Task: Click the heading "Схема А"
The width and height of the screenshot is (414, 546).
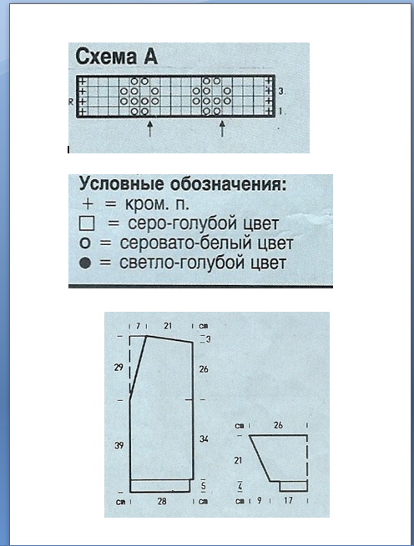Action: tap(117, 57)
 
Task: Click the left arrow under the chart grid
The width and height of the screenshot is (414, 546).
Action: tap(149, 128)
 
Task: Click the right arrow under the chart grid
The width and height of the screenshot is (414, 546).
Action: tap(222, 128)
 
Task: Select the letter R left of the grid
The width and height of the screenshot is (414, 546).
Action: tap(71, 101)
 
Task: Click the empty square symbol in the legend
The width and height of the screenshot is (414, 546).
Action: tap(87, 224)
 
